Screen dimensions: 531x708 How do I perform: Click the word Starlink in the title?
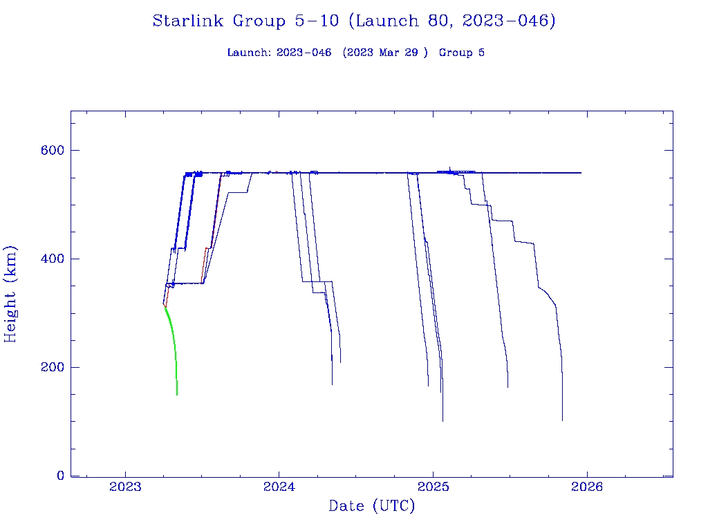(x=189, y=21)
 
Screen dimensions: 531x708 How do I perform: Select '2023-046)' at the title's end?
(x=509, y=21)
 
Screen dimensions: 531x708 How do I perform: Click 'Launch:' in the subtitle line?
(x=249, y=53)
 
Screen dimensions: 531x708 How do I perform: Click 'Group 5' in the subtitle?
(x=461, y=53)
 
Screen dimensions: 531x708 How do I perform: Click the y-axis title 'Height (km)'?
(x=10, y=293)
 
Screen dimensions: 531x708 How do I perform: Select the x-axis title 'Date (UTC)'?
(x=371, y=506)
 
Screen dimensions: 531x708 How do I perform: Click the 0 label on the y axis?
(x=61, y=476)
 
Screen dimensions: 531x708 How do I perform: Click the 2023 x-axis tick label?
(x=125, y=487)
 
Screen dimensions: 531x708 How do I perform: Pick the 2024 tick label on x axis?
(x=279, y=487)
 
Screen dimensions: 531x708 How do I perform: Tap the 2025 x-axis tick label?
(x=433, y=487)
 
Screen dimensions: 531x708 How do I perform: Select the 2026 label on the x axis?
(x=587, y=487)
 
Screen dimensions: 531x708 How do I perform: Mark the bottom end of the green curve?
(x=177, y=394)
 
